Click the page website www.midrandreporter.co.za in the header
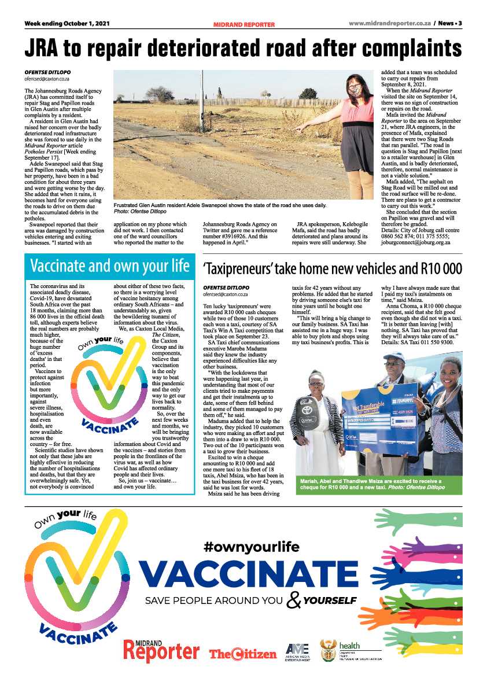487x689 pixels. pyautogui.click(x=392, y=24)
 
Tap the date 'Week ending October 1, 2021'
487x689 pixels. pyautogui.click(x=67, y=24)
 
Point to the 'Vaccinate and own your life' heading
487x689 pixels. pyautogui.click(x=109, y=266)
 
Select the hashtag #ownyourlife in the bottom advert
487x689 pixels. pyautogui.click(x=251, y=546)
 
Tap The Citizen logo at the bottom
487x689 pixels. pyautogui.click(x=243, y=654)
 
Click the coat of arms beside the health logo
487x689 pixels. pyautogui.click(x=329, y=652)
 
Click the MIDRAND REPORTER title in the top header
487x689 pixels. pyautogui.click(x=244, y=24)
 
